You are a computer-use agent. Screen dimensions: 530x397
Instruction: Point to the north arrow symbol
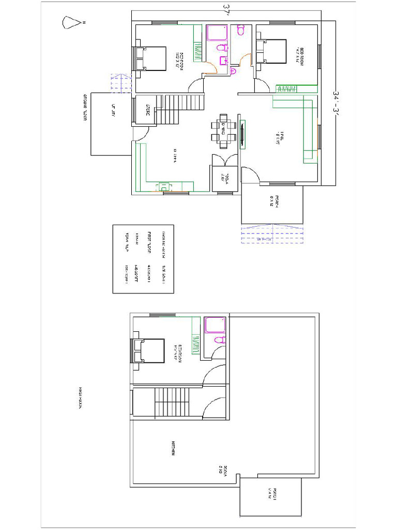(69, 23)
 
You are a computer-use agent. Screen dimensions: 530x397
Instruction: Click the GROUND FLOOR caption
(83, 108)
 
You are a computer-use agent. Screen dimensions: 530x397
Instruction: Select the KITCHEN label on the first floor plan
(175, 448)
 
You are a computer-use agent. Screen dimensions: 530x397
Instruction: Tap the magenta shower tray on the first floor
(215, 325)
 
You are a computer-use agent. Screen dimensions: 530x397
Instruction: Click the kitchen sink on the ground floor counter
(164, 186)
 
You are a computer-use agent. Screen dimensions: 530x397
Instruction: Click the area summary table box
(144, 259)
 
